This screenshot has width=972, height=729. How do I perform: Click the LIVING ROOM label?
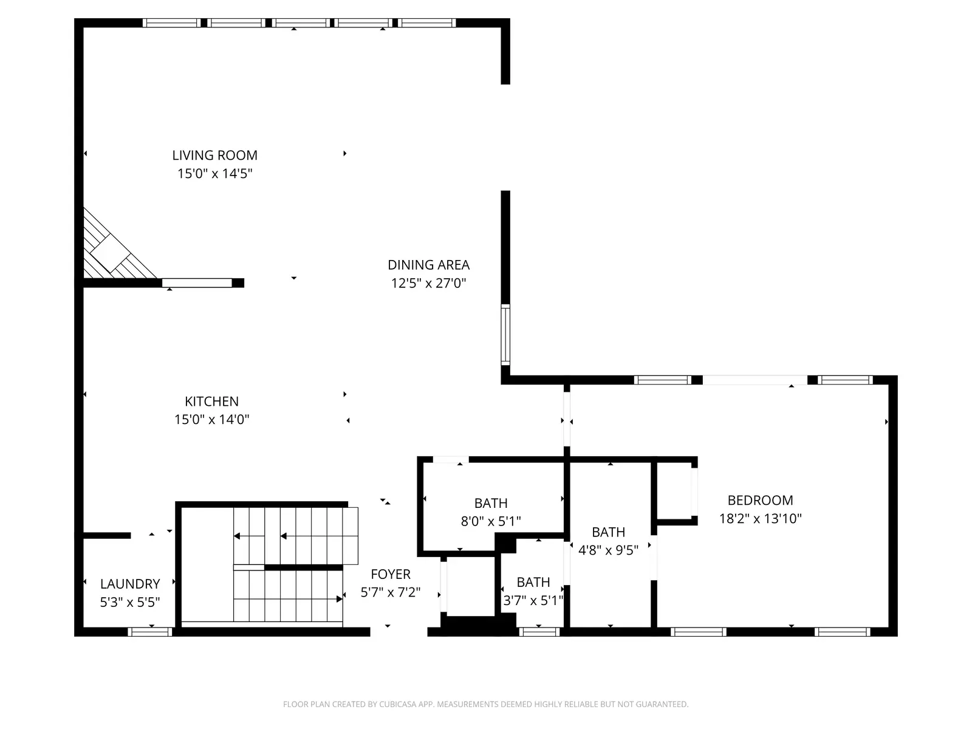[214, 156]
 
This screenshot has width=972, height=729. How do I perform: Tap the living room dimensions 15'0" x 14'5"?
[214, 174]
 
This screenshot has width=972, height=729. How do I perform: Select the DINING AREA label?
[428, 265]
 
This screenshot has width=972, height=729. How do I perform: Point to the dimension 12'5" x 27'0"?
[428, 283]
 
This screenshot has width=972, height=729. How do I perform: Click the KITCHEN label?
[211, 402]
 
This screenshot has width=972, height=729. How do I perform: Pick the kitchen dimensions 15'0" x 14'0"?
[211, 420]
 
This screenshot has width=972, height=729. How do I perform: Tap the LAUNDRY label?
[130, 584]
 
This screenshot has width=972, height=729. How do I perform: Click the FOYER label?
[391, 574]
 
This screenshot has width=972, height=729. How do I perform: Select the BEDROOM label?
[760, 501]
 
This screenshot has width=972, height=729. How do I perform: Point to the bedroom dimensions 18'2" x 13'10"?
[760, 519]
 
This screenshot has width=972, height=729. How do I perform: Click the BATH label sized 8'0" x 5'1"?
[491, 503]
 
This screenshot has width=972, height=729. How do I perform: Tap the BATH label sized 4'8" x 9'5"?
[608, 532]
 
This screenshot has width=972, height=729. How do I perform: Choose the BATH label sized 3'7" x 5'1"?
[533, 583]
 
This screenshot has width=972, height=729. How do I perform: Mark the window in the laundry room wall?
[150, 632]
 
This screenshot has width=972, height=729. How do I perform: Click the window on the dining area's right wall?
[505, 335]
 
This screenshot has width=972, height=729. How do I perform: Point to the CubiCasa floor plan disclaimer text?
[485, 705]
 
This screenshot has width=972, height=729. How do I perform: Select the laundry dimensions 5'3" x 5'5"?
[130, 602]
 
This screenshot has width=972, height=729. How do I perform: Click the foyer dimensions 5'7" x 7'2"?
[391, 592]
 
